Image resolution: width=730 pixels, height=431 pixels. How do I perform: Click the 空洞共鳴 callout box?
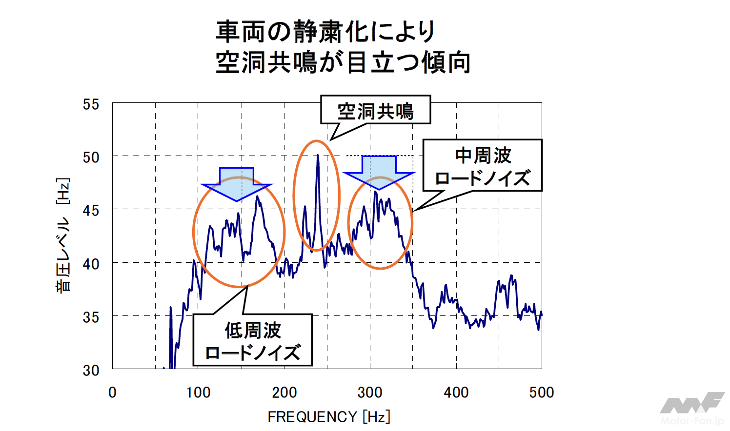[375, 110]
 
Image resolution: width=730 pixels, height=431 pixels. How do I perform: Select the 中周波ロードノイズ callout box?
[482, 166]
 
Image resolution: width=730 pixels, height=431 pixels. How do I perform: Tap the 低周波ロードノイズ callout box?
[252, 340]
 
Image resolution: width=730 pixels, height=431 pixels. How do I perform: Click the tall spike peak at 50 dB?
[318, 157]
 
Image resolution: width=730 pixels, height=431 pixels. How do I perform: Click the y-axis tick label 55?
[91, 104]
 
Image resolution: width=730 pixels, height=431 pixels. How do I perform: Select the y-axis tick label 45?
[91, 211]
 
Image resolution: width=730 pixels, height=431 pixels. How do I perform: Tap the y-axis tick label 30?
[91, 371]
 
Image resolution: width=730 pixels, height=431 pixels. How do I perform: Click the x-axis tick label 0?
[112, 392]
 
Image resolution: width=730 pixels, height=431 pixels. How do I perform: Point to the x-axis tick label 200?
[284, 392]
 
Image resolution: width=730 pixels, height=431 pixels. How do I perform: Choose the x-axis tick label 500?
[541, 392]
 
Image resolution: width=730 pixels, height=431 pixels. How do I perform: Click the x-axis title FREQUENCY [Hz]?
[329, 417]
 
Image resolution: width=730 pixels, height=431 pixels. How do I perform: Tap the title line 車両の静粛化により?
[325, 32]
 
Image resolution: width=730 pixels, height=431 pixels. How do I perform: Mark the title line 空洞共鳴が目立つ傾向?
[343, 62]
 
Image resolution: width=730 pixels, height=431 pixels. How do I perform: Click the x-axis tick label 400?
[456, 392]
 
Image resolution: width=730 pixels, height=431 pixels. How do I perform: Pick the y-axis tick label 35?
[91, 317]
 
